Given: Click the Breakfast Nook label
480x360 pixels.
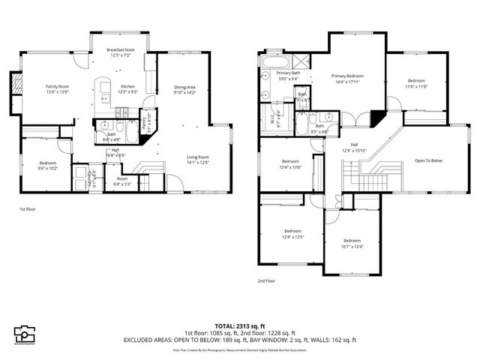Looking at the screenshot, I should (x=120, y=51).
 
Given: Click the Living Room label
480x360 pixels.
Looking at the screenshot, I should (x=198, y=157).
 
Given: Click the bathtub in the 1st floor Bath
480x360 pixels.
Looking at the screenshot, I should (x=130, y=133).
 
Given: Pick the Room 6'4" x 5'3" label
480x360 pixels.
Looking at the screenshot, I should (x=121, y=180).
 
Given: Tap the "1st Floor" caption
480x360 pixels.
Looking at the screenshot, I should (x=27, y=209).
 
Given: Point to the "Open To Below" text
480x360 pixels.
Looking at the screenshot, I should (x=427, y=160).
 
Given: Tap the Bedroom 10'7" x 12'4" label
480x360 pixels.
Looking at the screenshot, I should (x=352, y=241).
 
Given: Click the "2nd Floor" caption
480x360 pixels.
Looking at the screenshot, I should (x=265, y=280).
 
